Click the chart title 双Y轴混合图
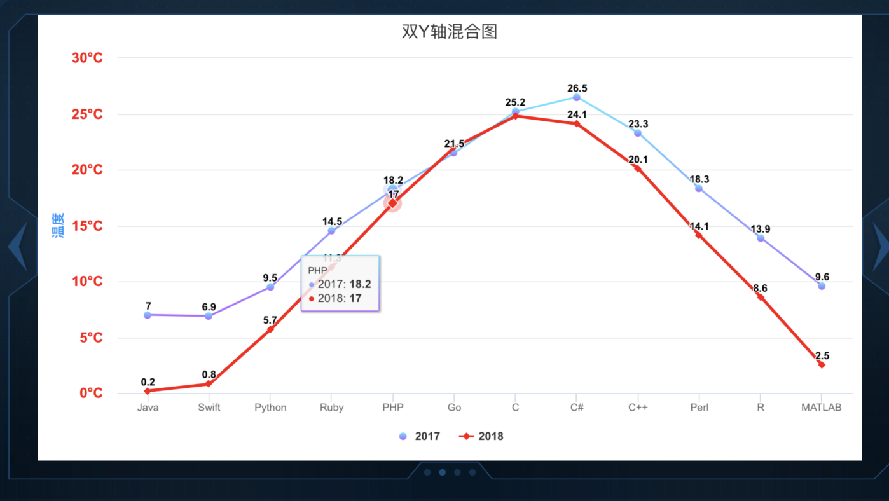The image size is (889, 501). [449, 32]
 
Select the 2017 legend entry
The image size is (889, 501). [419, 436]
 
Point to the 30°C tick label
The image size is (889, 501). [87, 58]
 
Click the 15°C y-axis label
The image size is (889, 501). [87, 226]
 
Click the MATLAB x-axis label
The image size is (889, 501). [821, 408]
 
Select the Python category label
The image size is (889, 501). [270, 408]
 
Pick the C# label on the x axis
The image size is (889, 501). [577, 408]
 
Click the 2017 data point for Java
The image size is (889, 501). [148, 315]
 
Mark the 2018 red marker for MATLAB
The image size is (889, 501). [822, 365]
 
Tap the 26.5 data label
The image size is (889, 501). [577, 88]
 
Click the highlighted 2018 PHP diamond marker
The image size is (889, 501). [393, 203]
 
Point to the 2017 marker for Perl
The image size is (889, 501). [699, 188]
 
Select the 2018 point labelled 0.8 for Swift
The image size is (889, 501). [209, 384]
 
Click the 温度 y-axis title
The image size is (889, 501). [58, 226]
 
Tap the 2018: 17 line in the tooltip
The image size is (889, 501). [339, 298]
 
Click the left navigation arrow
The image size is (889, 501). [18, 246]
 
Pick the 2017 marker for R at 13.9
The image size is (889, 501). [761, 238]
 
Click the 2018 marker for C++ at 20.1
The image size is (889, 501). [638, 168]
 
